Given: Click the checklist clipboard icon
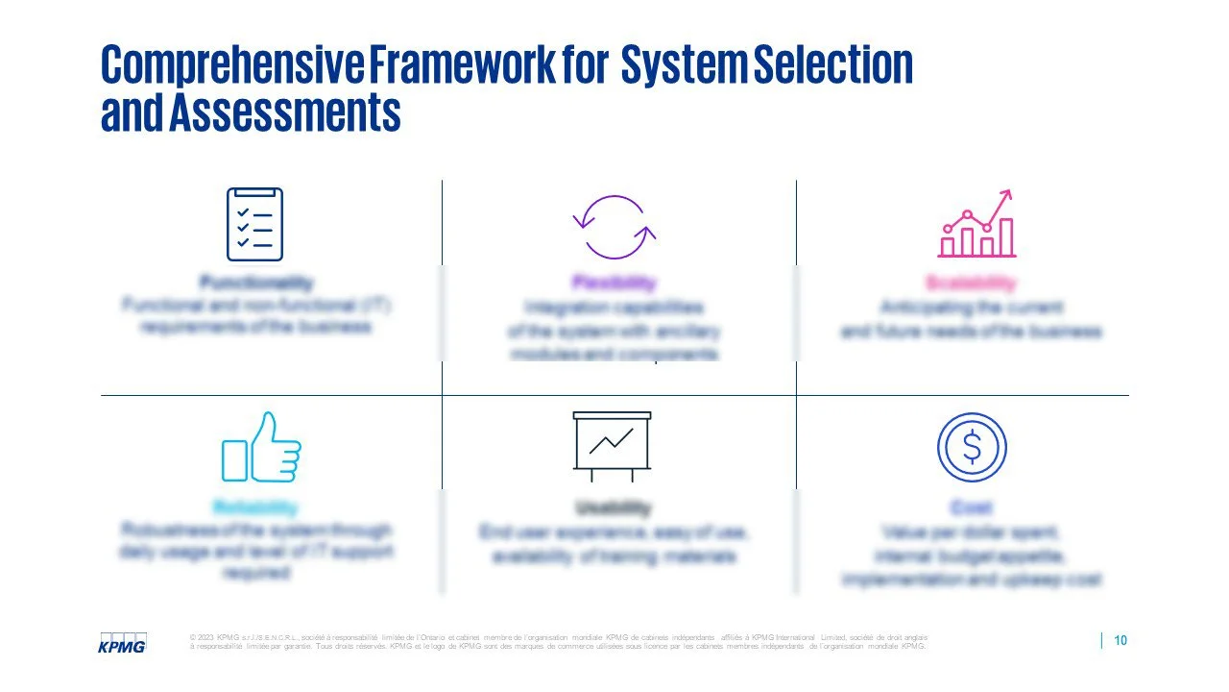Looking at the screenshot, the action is coord(254,224).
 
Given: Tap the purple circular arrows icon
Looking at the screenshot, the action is coord(614,227).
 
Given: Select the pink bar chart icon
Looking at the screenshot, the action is coord(976,225).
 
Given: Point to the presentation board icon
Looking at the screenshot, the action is coord(612,446).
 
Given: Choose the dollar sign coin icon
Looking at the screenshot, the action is coord(972,447).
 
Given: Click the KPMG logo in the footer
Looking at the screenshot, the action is coord(123,643).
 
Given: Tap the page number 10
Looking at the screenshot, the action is coord(1120,641).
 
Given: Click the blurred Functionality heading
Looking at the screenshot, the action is coord(255,283).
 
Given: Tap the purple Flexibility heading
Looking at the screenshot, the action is coord(614,283).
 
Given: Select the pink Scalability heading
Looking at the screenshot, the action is coord(971,283).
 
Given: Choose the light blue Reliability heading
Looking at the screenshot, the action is coord(255,507).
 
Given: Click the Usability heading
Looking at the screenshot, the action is coord(614,507).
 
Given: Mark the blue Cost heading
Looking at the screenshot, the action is coord(972,507).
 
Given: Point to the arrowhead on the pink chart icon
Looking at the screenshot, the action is coord(1006,195).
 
